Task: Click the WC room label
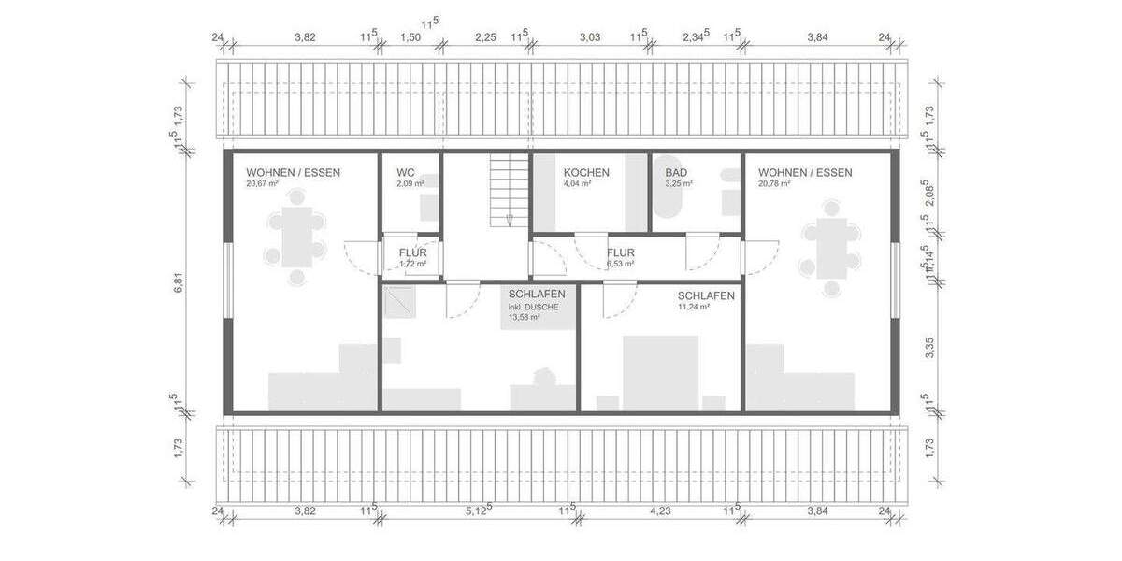tap(405, 173)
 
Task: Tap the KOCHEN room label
tap(586, 173)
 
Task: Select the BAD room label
tap(676, 173)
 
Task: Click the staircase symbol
tap(509, 191)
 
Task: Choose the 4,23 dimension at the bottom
tap(660, 511)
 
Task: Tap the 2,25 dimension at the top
tap(485, 37)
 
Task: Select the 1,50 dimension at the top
tap(410, 37)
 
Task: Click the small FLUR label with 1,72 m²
tap(412, 252)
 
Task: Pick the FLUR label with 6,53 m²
tap(620, 252)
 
